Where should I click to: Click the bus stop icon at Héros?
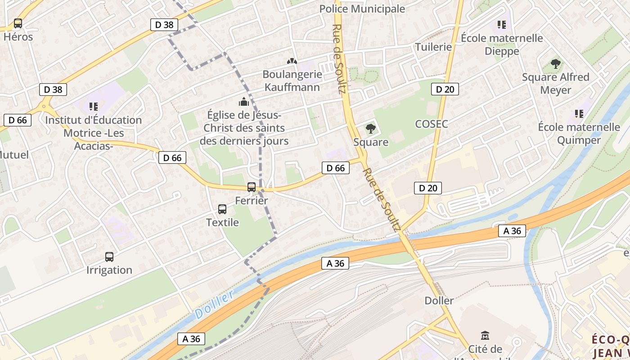tap(18, 23)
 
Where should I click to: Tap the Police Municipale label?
tap(362, 9)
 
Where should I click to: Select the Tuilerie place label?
tap(433, 47)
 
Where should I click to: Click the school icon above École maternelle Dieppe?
tap(501, 24)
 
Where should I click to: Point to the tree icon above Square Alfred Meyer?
tap(556, 63)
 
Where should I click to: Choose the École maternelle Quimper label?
tap(579, 134)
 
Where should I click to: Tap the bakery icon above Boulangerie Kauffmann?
tap(292, 61)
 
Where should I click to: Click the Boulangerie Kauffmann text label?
tap(292, 81)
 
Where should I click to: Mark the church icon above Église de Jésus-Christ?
tap(244, 101)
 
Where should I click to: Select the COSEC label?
tap(432, 124)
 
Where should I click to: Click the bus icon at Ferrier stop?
tap(252, 187)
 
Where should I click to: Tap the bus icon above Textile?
tap(222, 209)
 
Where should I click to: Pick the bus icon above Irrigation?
tap(109, 256)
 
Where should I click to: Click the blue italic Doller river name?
tap(215, 305)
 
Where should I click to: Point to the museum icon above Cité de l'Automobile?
tap(485, 335)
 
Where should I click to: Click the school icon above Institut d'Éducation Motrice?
tap(94, 107)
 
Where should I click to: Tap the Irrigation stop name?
tap(109, 270)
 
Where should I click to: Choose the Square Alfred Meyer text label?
tap(555, 84)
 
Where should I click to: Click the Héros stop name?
tap(18, 37)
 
